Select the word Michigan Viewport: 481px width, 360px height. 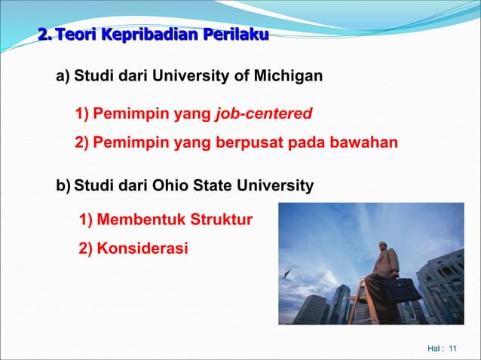[x=291, y=76]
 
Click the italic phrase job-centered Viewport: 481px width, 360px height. [x=263, y=114]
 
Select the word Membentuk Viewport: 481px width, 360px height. [x=140, y=221]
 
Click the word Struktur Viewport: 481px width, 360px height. [x=221, y=221]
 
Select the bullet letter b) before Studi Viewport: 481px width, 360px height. [x=63, y=185]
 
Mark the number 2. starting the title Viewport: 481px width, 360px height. [x=45, y=35]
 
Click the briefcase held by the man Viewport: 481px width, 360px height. [x=404, y=288]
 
